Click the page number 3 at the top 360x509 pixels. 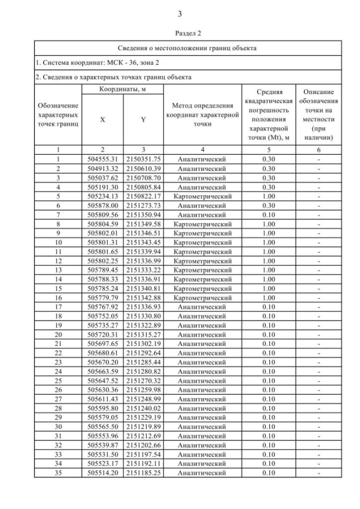point(179,13)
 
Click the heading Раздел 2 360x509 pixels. point(179,33)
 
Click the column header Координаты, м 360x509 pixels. point(123,89)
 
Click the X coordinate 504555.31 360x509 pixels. point(102,159)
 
